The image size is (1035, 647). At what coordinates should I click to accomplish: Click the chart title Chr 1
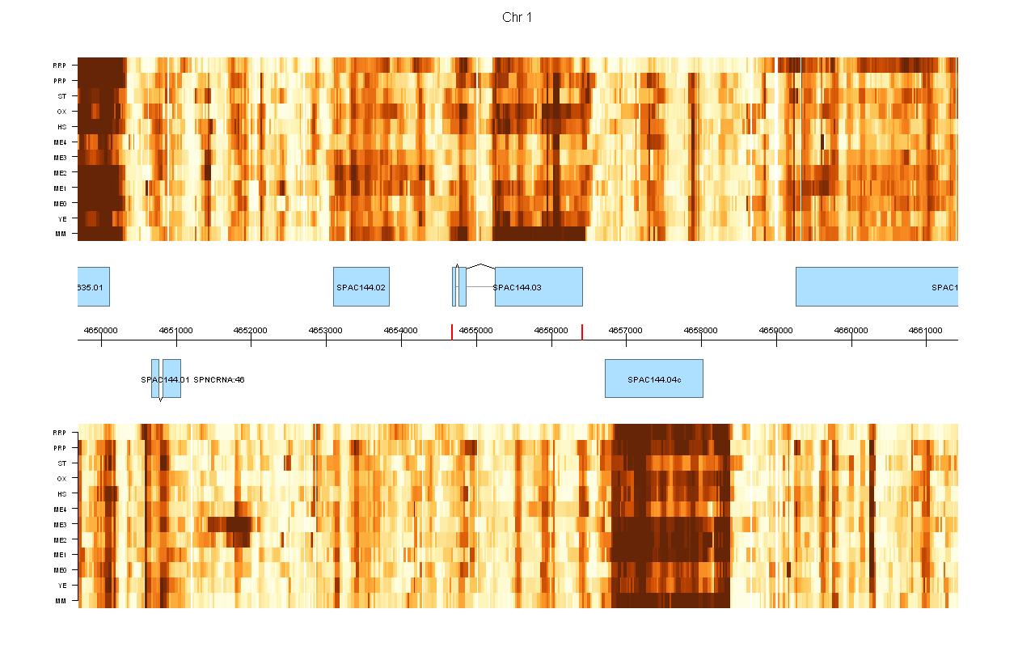click(x=517, y=18)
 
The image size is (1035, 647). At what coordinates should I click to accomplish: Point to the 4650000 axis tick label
click(x=101, y=330)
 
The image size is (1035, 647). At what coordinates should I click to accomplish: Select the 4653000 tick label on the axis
click(x=326, y=330)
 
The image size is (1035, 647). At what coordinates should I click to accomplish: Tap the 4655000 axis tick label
click(x=476, y=330)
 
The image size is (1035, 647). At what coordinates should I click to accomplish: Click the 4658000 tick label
click(x=701, y=330)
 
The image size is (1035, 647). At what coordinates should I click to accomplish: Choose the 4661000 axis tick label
click(x=926, y=330)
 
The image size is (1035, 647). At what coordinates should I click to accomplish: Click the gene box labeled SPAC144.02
click(x=361, y=287)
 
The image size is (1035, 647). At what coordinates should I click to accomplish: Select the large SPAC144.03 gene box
click(x=539, y=287)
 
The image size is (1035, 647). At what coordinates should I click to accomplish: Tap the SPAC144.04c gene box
click(x=653, y=378)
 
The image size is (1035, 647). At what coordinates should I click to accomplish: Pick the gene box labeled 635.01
click(x=93, y=287)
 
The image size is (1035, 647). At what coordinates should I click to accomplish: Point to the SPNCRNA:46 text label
click(x=219, y=379)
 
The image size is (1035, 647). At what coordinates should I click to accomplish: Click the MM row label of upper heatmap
click(x=61, y=234)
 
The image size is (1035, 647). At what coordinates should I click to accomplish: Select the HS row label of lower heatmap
click(x=61, y=493)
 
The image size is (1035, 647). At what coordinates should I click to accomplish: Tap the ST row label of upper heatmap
click(x=61, y=96)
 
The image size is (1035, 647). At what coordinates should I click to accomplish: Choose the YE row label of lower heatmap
click(x=61, y=586)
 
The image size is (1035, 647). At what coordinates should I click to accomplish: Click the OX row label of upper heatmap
click(x=61, y=112)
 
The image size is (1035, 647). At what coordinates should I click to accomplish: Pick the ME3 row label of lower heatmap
click(x=61, y=524)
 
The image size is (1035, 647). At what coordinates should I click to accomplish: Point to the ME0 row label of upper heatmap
click(x=61, y=203)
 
